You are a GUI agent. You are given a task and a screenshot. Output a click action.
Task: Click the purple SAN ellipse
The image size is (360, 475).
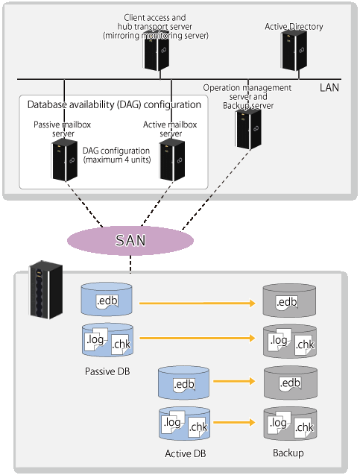click(x=130, y=241)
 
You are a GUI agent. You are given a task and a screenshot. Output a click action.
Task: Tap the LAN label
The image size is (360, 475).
click(x=329, y=87)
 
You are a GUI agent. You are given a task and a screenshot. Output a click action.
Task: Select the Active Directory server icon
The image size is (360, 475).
click(x=294, y=50)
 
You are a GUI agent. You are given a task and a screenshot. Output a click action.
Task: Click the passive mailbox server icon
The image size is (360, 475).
click(x=65, y=160)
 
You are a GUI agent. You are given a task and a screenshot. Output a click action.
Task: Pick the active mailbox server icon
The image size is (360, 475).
click(x=172, y=160)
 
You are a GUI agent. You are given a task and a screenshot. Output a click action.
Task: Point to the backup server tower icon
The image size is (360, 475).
click(x=248, y=129)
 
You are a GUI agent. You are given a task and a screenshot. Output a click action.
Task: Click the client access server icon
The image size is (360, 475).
click(x=157, y=50)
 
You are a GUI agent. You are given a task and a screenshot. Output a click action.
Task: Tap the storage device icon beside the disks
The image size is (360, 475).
click(x=46, y=289)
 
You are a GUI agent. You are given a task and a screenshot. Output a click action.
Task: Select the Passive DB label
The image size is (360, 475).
click(x=107, y=371)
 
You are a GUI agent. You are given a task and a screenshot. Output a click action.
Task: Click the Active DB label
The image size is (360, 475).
click(x=186, y=453)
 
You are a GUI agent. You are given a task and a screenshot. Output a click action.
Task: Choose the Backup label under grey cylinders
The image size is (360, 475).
click(x=288, y=453)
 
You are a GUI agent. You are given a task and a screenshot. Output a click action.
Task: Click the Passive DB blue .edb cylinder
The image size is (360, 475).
click(x=107, y=299)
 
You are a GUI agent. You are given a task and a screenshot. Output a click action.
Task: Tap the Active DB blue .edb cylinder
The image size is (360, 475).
click(x=184, y=383)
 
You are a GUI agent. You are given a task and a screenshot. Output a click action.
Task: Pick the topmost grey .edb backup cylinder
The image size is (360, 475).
click(x=289, y=301)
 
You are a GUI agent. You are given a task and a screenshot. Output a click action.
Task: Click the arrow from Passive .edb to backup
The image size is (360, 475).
click(x=198, y=303)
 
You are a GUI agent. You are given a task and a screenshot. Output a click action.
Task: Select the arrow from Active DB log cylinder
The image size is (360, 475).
click(x=234, y=422)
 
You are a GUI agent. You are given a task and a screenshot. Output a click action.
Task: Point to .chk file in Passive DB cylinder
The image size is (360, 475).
click(x=121, y=345)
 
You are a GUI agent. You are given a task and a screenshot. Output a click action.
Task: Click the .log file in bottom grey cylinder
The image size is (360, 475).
click(x=279, y=422)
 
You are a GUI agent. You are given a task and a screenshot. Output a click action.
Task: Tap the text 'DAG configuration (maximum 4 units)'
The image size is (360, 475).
click(x=117, y=155)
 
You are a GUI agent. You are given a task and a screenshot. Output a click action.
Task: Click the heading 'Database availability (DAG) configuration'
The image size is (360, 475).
click(x=114, y=104)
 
